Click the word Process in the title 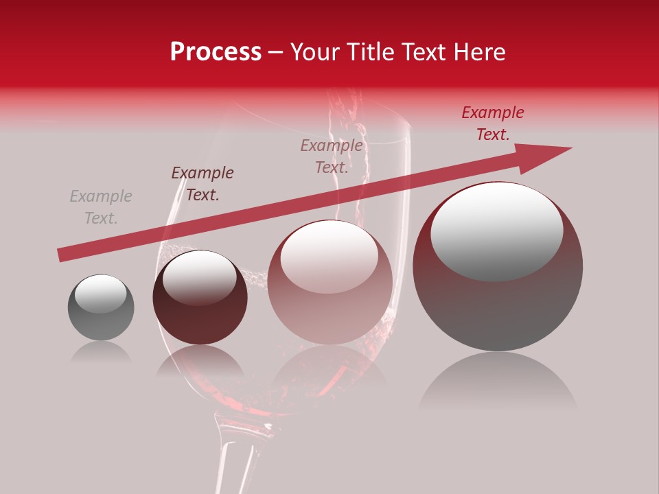[216, 52]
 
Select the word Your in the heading [316, 52]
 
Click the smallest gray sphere [101, 308]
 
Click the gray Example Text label [101, 207]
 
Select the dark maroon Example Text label [203, 184]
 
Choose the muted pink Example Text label [332, 156]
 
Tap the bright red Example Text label [493, 123]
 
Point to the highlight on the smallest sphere [100, 294]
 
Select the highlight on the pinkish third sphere [329, 256]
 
